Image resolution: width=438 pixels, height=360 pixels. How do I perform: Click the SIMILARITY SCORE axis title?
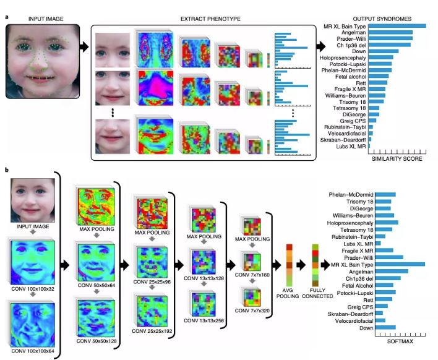[x=397, y=159]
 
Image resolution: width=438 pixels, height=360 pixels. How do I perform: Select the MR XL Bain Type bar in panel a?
[x=397, y=26]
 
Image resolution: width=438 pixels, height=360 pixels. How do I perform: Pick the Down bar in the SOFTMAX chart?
[x=385, y=328]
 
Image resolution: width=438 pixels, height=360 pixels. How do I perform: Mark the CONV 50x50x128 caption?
[x=97, y=341]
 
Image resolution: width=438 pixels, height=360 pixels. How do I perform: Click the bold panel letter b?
[x=6, y=169]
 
